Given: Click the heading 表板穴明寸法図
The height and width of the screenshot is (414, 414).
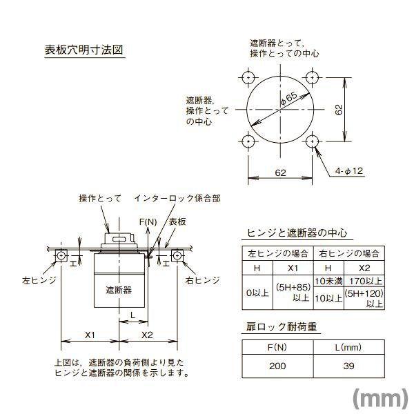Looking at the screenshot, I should (83, 50).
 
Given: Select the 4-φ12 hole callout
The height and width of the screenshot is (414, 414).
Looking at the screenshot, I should (349, 170).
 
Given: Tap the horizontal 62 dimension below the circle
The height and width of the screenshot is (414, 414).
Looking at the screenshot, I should (280, 173).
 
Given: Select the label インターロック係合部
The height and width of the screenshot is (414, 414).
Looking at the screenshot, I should (177, 198).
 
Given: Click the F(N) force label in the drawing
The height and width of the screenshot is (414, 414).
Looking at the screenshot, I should (147, 221).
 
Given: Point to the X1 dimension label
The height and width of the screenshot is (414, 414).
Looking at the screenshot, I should (90, 335).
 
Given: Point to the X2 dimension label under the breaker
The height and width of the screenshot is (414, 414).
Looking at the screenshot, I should (147, 335).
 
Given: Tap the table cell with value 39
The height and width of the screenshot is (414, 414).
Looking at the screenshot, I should (348, 365).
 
